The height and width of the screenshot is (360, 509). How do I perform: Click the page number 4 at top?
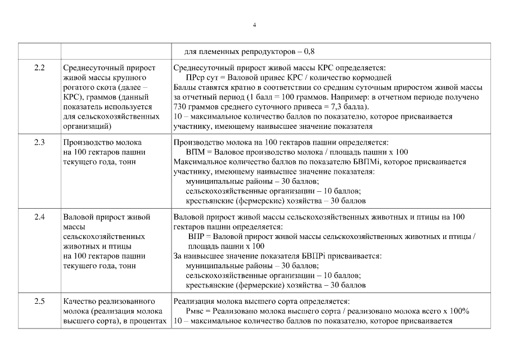(254, 25)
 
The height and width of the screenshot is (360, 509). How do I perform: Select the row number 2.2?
(39, 67)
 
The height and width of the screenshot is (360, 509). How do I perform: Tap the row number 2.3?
(39, 143)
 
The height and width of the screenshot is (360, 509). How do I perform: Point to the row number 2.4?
(39, 217)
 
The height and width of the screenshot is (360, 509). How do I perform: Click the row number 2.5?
(39, 301)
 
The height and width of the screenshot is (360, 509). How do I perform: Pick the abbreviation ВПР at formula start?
(197, 237)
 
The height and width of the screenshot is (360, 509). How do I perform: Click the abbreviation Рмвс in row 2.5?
(196, 312)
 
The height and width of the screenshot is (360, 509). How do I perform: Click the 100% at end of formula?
(461, 312)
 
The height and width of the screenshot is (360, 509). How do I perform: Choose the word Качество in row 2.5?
(80, 301)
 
